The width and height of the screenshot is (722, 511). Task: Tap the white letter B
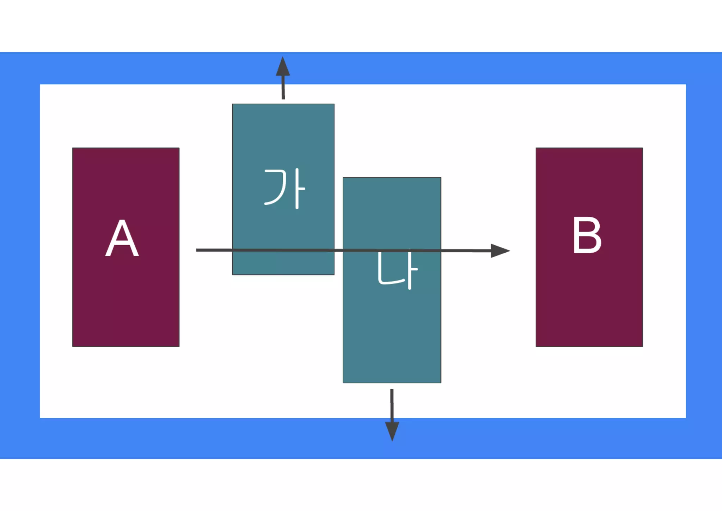click(587, 235)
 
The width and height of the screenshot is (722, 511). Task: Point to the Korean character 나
click(397, 270)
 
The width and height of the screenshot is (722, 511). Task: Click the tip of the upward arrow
click(283, 58)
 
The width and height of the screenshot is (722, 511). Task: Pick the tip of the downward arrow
click(392, 440)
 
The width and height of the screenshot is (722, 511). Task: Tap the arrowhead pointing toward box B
click(501, 251)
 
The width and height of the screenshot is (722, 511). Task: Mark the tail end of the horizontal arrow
click(197, 250)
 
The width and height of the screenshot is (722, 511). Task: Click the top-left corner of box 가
click(233, 104)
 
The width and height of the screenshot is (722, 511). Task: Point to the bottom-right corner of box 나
click(441, 383)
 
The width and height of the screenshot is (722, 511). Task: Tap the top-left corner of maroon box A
click(73, 148)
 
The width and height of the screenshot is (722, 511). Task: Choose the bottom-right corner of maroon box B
click(642, 346)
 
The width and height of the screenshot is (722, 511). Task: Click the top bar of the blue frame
click(361, 68)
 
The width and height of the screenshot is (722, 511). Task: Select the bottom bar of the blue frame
click(361, 438)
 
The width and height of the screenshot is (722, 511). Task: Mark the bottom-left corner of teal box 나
click(343, 383)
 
